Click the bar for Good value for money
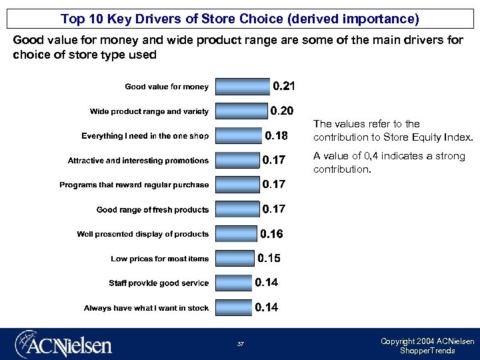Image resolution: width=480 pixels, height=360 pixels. pos(243,87)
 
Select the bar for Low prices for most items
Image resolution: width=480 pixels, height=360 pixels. pos(235,259)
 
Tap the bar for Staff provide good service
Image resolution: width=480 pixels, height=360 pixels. pos(234,283)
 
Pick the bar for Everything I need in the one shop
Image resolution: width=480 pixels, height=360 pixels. pos(239,136)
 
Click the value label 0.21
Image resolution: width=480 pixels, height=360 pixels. pos(285,87)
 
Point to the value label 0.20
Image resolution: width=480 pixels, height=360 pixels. pos(281,111)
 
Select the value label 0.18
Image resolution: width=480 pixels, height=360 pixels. pos(277,136)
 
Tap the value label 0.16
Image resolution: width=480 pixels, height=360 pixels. pos(271,234)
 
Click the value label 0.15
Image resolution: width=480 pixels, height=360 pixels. pos(269,258)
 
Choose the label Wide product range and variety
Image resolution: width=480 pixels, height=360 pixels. pos(149,111)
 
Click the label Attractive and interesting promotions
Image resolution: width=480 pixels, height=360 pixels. pos(138,161)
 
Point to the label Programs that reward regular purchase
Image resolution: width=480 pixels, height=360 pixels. pos(134,185)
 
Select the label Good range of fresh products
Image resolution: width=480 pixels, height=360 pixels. pos(153,209)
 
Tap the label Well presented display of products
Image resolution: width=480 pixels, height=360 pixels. pos(143,234)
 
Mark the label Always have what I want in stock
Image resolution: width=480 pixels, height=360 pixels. pos(146,308)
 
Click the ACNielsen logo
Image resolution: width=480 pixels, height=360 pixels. pos(63,343)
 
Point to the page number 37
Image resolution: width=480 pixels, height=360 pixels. pos(240,344)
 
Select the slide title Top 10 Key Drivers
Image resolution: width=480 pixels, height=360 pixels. pos(240,19)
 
